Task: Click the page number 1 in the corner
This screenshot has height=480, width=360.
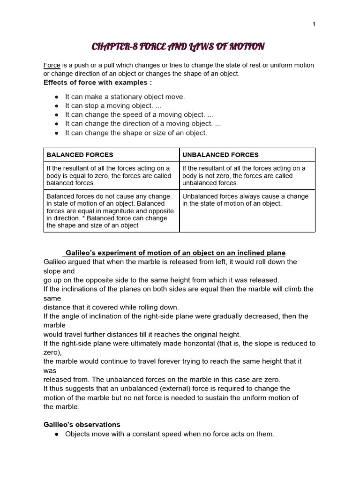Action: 314,24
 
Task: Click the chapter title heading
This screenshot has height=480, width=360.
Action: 178,46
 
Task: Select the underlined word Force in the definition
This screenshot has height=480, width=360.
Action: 52,65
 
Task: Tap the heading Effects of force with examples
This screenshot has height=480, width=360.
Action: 97,83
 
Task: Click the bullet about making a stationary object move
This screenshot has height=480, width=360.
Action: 125,97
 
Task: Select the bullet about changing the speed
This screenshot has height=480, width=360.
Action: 139,115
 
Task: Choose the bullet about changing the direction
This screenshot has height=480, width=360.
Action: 142,124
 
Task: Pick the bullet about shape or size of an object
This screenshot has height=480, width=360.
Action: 135,133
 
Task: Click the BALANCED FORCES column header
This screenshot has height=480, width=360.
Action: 79,155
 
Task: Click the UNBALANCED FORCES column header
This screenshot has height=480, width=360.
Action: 220,155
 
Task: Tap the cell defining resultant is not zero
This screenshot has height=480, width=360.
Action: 247,176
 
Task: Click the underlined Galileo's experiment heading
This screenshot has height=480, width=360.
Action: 174,253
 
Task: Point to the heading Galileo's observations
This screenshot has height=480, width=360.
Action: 82,425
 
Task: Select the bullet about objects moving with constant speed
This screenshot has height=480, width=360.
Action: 169,434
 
